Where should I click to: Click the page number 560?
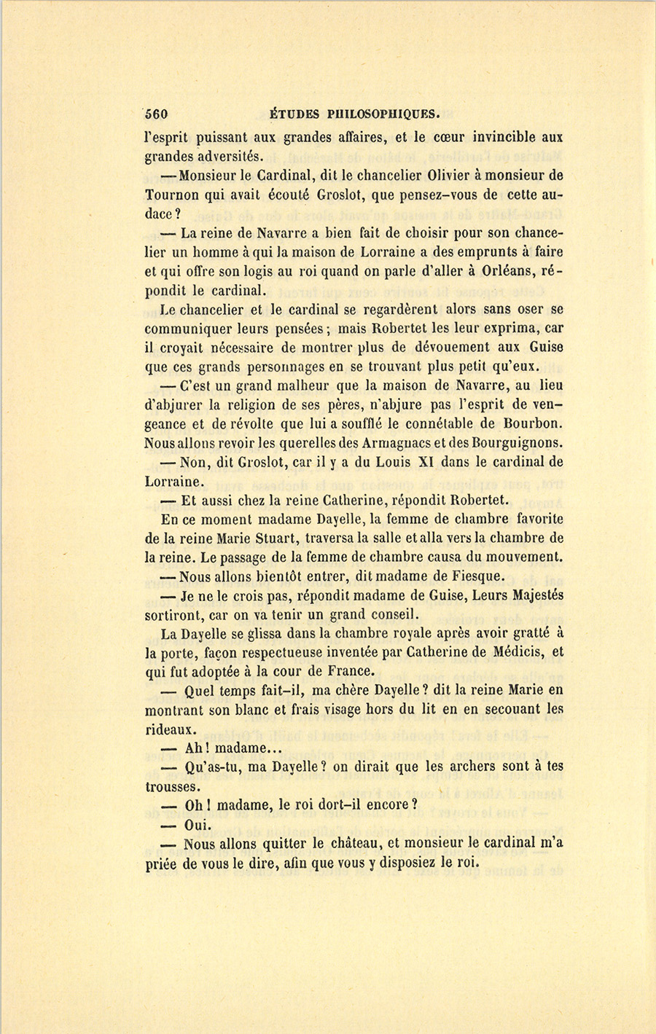pos(157,114)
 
